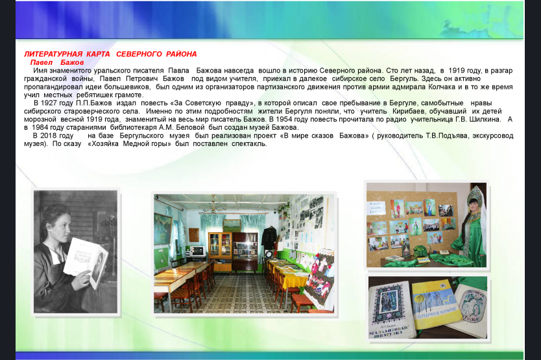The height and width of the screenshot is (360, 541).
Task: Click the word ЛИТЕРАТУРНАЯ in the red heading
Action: tap(53, 54)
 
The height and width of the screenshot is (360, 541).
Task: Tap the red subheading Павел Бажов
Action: tap(57, 62)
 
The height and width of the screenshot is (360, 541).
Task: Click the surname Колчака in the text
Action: tap(442, 87)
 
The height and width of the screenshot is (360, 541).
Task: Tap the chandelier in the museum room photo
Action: tap(213, 206)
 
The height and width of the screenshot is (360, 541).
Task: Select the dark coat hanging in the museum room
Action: tap(269, 237)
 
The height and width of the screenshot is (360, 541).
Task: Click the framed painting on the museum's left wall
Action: tap(163, 228)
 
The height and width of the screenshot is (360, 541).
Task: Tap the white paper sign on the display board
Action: tap(376, 208)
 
